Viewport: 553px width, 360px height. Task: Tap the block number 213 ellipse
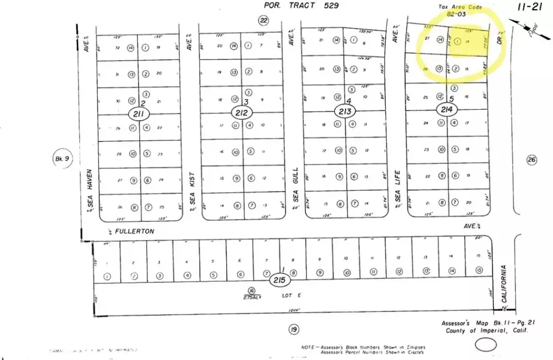pyautogui.click(x=345, y=111)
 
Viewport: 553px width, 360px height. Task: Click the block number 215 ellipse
pyautogui.click(x=280, y=280)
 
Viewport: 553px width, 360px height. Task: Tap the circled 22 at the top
pyautogui.click(x=264, y=20)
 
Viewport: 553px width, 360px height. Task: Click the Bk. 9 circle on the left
pyautogui.click(x=62, y=159)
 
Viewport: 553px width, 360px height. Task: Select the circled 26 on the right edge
pyautogui.click(x=531, y=160)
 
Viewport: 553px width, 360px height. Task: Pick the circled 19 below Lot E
pyautogui.click(x=293, y=329)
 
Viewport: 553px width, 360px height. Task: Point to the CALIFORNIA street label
pyautogui.click(x=505, y=284)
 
